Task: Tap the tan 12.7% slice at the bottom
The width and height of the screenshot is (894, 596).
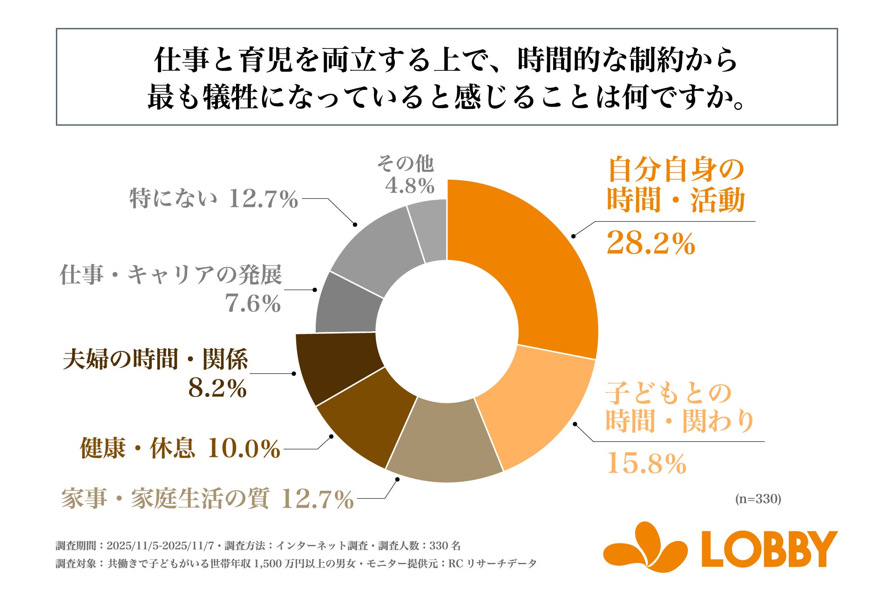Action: pyautogui.click(x=445, y=442)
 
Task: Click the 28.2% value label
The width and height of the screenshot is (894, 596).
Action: pyautogui.click(x=650, y=243)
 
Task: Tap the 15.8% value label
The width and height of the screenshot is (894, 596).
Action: pyautogui.click(x=646, y=464)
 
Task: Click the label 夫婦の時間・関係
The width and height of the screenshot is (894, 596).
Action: pyautogui.click(x=156, y=359)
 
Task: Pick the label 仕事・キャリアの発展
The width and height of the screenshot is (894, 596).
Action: pyautogui.click(x=171, y=275)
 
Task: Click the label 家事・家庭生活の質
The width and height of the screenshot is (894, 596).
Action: pyautogui.click(x=165, y=499)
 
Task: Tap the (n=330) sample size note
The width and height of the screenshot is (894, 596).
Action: pyautogui.click(x=758, y=499)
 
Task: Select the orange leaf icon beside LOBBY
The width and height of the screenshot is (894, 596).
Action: pyautogui.click(x=645, y=547)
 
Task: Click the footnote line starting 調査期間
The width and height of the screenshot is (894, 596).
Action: pyautogui.click(x=258, y=546)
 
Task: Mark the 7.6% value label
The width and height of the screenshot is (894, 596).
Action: pyautogui.click(x=253, y=304)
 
